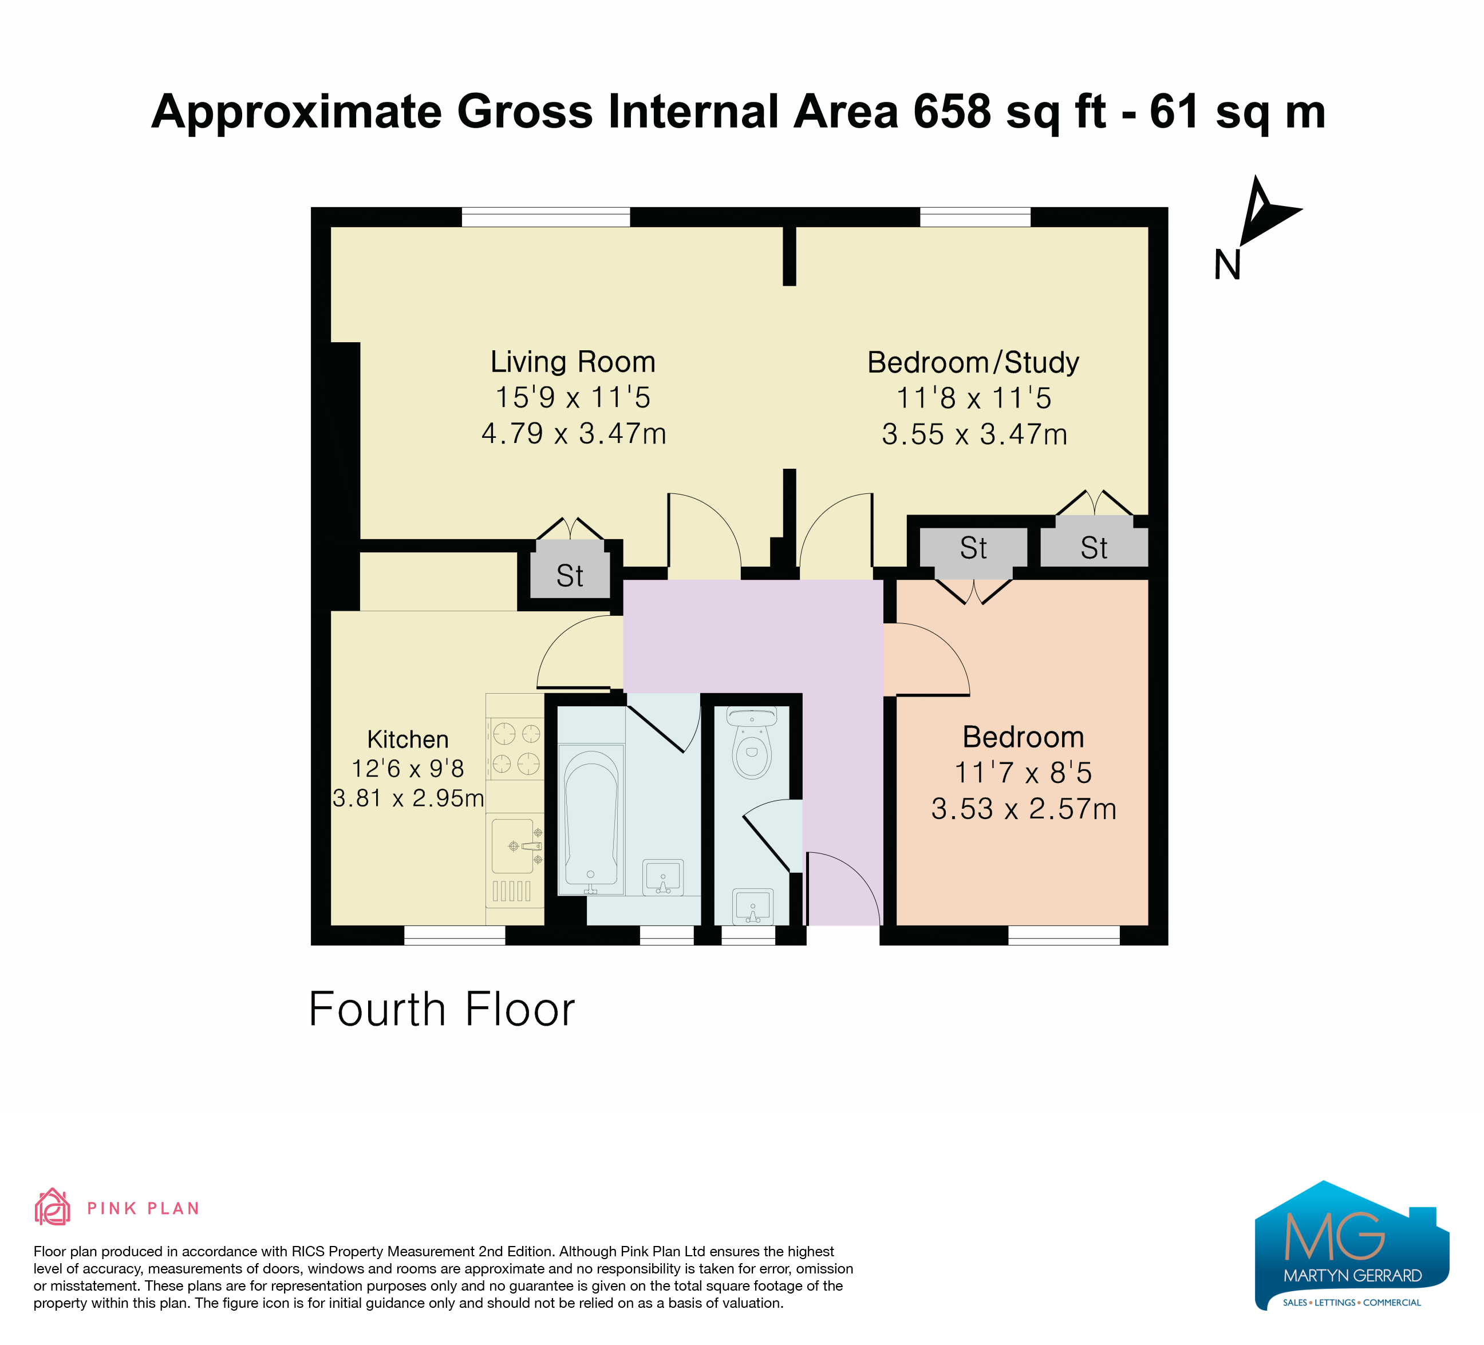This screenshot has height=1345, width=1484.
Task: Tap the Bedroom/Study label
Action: coord(973,363)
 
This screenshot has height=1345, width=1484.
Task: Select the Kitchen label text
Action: coord(408,739)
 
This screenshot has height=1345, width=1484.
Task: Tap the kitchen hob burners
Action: coord(515,748)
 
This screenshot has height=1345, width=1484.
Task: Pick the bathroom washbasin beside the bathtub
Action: coord(662,877)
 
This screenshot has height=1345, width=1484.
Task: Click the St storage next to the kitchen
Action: coord(570,575)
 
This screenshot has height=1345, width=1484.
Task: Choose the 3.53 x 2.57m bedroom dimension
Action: coord(1024,809)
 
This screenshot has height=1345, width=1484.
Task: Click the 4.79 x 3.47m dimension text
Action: coord(574,433)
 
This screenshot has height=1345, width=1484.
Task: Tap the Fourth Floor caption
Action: coord(441,1010)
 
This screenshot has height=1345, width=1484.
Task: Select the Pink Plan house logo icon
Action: coord(52,1208)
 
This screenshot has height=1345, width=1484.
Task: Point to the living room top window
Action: coord(546,217)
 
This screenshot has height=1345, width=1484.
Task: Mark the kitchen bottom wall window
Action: coord(455,935)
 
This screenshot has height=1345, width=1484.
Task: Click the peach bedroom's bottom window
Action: coord(1064,935)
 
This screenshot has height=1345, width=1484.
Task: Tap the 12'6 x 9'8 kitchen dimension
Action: coord(408,769)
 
